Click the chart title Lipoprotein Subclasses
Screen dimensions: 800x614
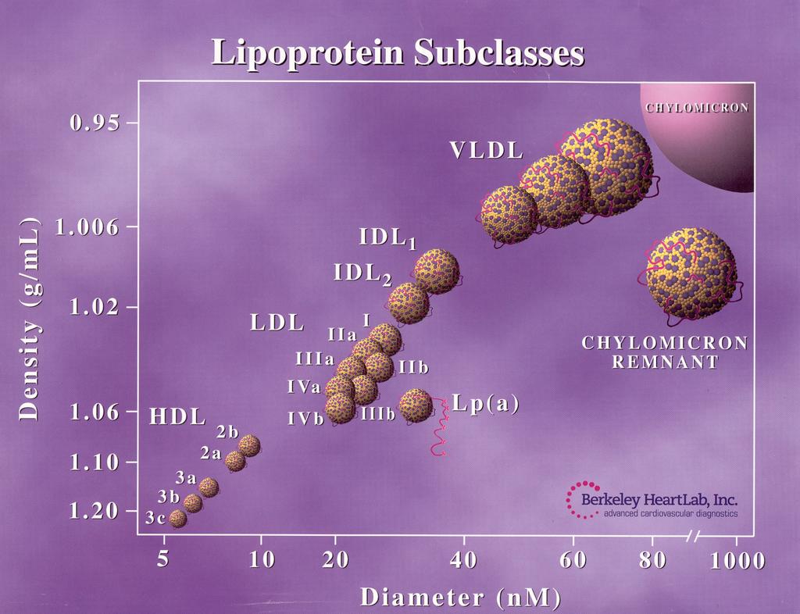click(398, 52)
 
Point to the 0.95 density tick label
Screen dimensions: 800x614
click(95, 123)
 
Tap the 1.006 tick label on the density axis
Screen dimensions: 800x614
click(87, 227)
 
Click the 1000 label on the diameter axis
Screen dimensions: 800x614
click(737, 561)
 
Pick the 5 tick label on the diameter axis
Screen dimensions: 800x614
click(162, 559)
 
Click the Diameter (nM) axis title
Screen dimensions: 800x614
click(461, 598)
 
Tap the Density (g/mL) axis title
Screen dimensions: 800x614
click(29, 319)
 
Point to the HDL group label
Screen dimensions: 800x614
click(177, 417)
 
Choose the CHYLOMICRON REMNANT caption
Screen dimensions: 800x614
click(666, 352)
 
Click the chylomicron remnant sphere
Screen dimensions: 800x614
click(691, 274)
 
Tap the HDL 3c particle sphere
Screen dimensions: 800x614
click(177, 519)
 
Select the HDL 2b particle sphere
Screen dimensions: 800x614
click(249, 446)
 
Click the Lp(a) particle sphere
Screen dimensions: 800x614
click(416, 405)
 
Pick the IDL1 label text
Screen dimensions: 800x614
click(387, 237)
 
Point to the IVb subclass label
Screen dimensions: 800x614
click(306, 419)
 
